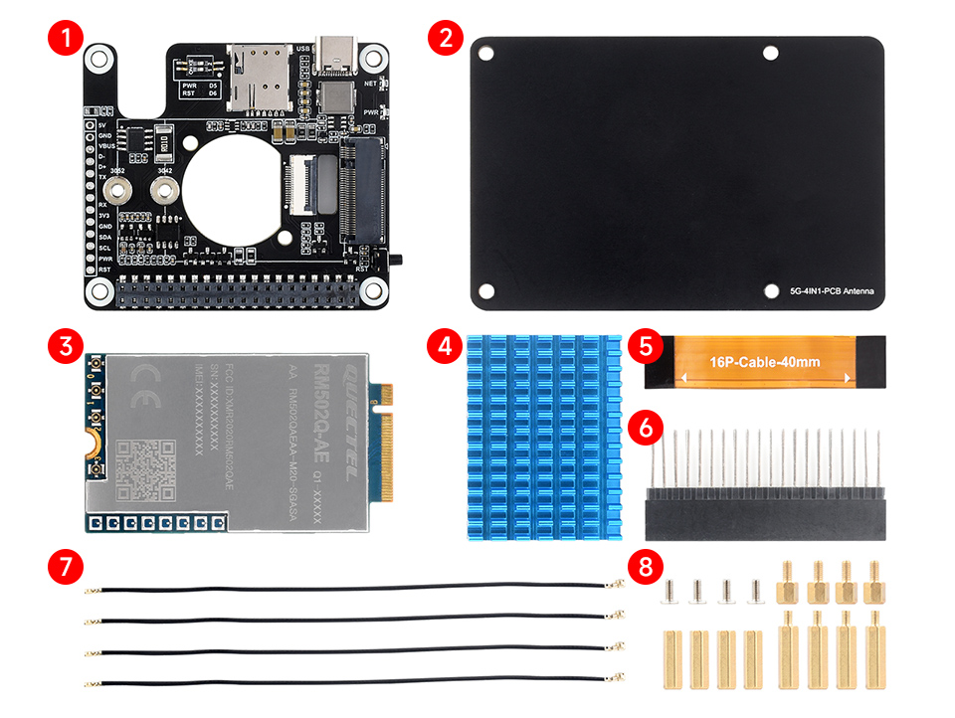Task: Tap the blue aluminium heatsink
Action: point(543,438)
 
